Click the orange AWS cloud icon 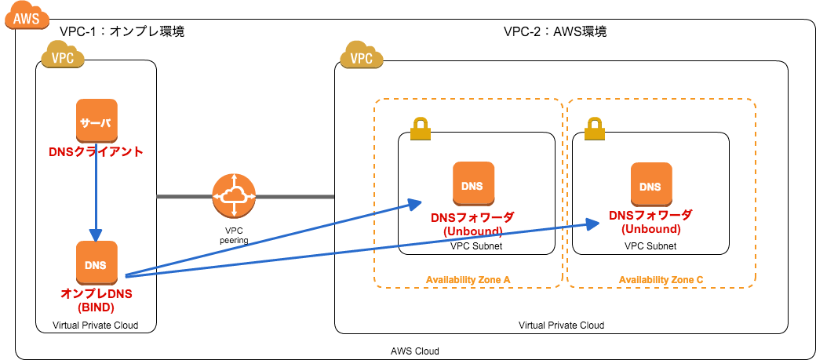click(27, 16)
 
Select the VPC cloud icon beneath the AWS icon click(63, 55)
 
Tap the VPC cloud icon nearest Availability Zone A click(361, 55)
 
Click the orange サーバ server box click(97, 121)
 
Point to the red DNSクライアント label click(96, 151)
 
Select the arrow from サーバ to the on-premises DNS click(96, 196)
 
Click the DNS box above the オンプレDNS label click(97, 263)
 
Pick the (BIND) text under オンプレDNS click(97, 307)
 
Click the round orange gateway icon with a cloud click(234, 196)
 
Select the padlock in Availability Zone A click(421, 129)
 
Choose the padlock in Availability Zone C click(595, 129)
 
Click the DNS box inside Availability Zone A click(473, 184)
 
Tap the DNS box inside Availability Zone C click(651, 184)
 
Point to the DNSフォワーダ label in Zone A click(473, 217)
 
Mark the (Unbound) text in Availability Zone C click(651, 229)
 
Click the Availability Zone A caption click(468, 280)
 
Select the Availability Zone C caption click(661, 280)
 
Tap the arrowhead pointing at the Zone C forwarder click(593, 224)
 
